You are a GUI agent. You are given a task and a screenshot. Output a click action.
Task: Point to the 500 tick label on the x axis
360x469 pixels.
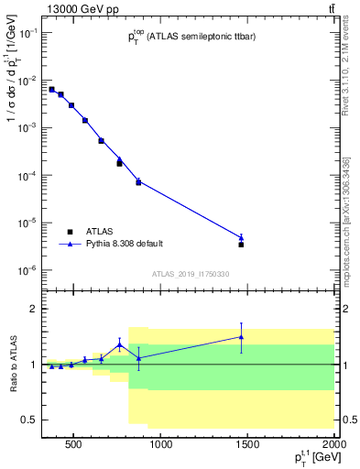click(76, 447)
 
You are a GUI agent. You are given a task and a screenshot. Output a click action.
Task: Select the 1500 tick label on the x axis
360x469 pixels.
click(247, 447)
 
